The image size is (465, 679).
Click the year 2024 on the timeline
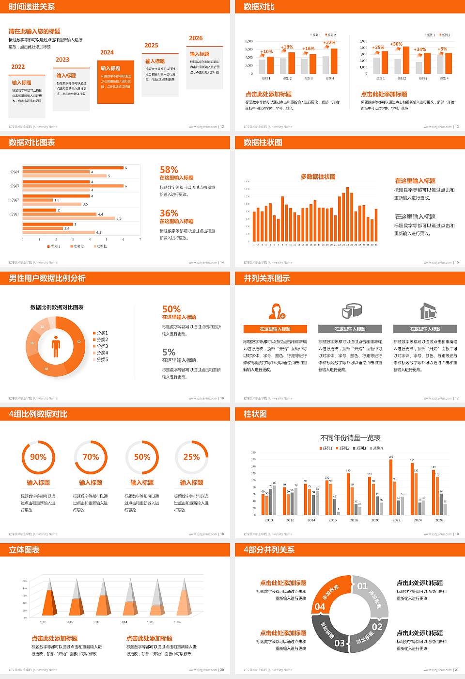pyautogui.click(x=107, y=52)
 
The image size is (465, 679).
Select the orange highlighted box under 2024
pyautogui.click(x=115, y=82)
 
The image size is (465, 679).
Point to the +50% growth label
pyautogui.click(x=396, y=44)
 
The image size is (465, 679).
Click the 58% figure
pyautogui.click(x=169, y=170)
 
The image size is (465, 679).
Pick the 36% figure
pyautogui.click(x=169, y=213)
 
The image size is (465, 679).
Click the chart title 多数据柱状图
pyautogui.click(x=318, y=177)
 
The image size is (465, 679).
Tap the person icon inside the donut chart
pyautogui.click(x=56, y=346)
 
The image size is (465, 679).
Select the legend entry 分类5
pyautogui.click(x=101, y=359)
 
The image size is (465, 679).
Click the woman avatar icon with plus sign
pyautogui.click(x=276, y=311)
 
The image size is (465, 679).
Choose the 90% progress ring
pyautogui.click(x=38, y=457)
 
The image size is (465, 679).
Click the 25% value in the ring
pyautogui.click(x=191, y=457)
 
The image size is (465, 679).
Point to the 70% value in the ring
pyautogui.click(x=91, y=457)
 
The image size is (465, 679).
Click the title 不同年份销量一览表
pyautogui.click(x=350, y=437)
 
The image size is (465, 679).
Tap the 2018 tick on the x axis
pyautogui.click(x=354, y=520)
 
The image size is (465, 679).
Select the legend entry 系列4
pyautogui.click(x=377, y=448)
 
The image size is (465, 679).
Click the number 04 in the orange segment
pyautogui.click(x=320, y=607)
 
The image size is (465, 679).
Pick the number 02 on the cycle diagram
pyautogui.click(x=377, y=627)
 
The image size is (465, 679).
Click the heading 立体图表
pyautogui.click(x=24, y=550)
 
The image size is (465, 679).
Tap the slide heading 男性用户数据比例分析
pyautogui.click(x=47, y=278)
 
